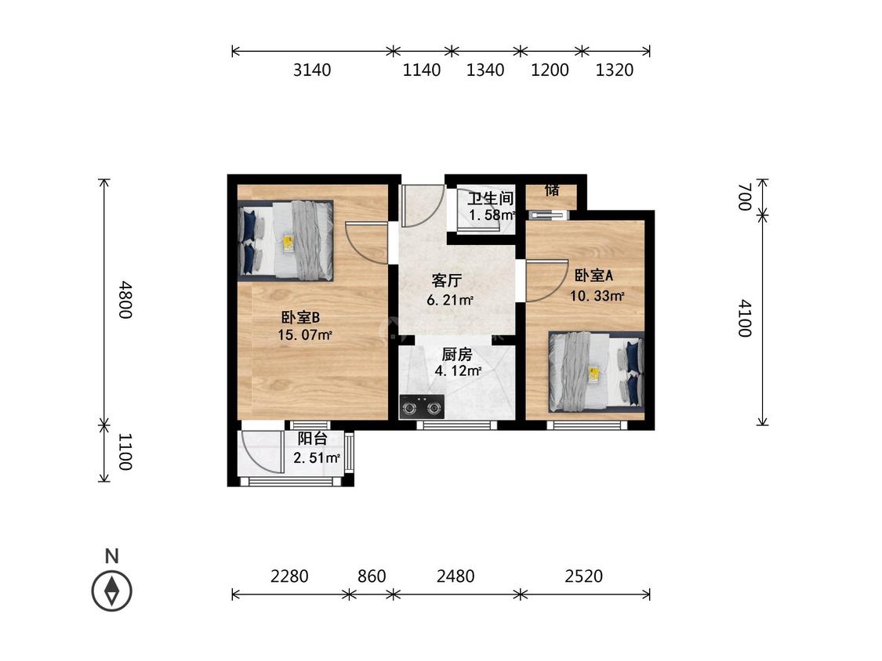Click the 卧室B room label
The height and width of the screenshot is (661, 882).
click(300, 317)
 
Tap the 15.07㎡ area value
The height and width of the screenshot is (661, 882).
click(304, 335)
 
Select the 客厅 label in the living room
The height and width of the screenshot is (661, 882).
click(447, 280)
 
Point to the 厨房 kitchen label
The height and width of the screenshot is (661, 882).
click(457, 354)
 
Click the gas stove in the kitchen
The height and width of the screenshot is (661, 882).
click(421, 407)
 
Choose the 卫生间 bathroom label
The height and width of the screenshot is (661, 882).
click(491, 198)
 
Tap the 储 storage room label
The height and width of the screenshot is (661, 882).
click(552, 190)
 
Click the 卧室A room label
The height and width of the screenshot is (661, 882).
click(593, 276)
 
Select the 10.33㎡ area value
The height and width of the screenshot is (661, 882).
click(597, 296)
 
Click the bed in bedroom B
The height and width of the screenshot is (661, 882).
click(285, 240)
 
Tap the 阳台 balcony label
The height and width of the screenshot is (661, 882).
click(312, 439)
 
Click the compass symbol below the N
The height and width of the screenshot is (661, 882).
click(112, 591)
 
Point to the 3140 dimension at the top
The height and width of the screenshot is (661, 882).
click(312, 70)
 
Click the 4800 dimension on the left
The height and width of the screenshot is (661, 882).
click(125, 300)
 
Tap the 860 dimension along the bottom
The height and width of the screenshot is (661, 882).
click(372, 576)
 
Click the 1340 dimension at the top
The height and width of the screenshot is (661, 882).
click(485, 70)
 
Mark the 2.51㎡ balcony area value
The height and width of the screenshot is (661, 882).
click(317, 458)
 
